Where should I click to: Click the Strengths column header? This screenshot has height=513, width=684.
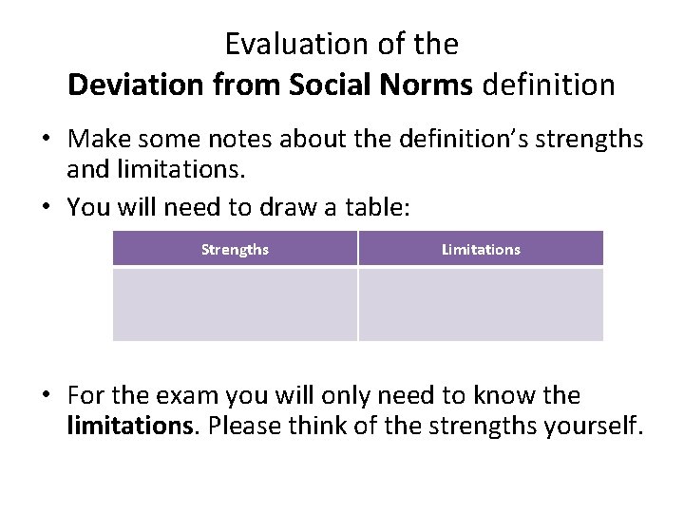tap(235, 249)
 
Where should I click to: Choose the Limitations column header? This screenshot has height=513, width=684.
tap(481, 249)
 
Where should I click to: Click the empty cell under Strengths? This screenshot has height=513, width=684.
tap(235, 304)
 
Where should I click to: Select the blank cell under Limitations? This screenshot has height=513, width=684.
tap(481, 304)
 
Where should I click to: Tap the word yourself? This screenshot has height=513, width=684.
tap(598, 425)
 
